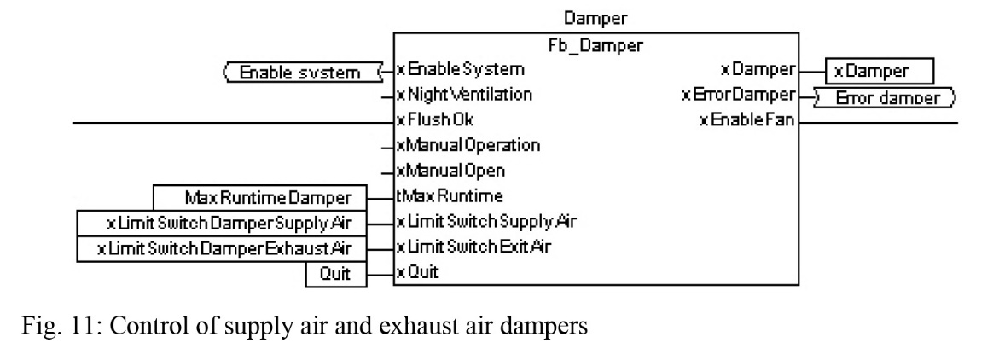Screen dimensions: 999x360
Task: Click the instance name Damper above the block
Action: click(x=595, y=19)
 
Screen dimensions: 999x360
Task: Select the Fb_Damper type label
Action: click(x=595, y=45)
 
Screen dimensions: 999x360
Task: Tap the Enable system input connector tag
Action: click(x=300, y=72)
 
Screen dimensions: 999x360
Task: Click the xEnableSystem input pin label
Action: click(x=461, y=69)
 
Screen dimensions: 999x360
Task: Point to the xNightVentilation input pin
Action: click(x=464, y=95)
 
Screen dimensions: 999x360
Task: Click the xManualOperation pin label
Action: click(x=468, y=145)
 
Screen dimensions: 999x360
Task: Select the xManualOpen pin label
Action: click(x=450, y=171)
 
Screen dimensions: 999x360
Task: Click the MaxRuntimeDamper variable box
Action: click(x=260, y=198)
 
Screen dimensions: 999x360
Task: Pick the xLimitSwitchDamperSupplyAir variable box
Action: click(x=223, y=223)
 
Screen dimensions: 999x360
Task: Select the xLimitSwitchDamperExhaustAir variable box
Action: click(x=223, y=248)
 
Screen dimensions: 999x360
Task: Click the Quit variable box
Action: click(x=336, y=274)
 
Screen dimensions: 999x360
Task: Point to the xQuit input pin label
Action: click(x=417, y=273)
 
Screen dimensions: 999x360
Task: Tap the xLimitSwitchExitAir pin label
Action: click(x=473, y=247)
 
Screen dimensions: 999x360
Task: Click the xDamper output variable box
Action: click(x=880, y=71)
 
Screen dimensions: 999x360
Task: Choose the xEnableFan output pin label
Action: click(x=746, y=119)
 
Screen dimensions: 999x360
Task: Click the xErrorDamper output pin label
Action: click(x=739, y=95)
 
